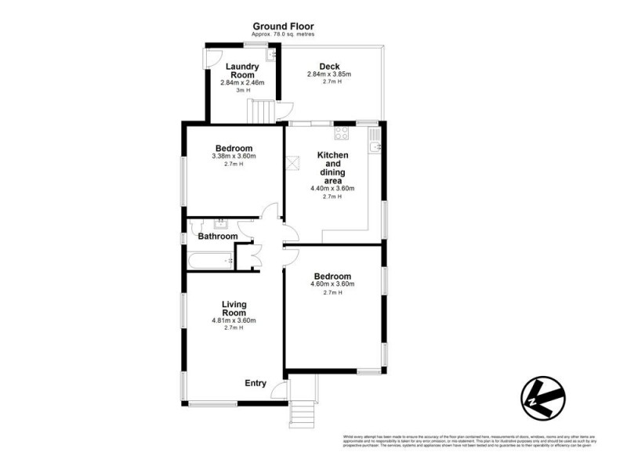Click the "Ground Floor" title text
284,26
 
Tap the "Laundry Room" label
242,71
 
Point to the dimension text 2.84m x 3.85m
330,74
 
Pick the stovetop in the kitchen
342,133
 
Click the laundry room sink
270,55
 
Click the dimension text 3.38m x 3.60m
234,156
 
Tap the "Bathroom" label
217,236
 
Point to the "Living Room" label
234,309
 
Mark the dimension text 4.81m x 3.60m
234,320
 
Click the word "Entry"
256,383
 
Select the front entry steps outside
302,411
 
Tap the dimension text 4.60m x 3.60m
332,284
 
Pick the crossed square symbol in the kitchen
295,163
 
